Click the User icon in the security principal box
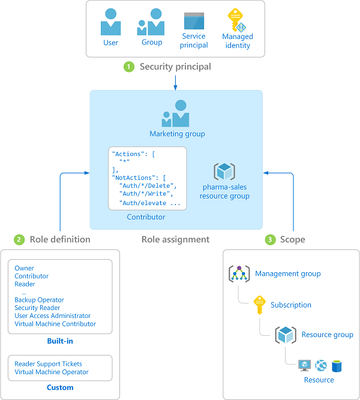[x=111, y=23]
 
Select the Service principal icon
[x=194, y=21]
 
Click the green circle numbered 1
[x=128, y=67]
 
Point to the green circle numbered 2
[x=19, y=240]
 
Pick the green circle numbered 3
[x=270, y=240]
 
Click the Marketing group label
[x=177, y=134]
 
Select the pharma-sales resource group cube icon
[x=225, y=172]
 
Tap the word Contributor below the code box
[x=146, y=217]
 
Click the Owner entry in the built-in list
[x=25, y=269]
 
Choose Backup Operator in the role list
[x=40, y=300]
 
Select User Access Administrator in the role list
[x=53, y=315]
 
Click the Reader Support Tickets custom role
[x=49, y=364]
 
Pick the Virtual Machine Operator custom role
[x=52, y=372]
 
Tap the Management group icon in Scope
[x=239, y=274]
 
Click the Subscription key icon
[x=260, y=305]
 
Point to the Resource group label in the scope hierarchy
[x=327, y=335]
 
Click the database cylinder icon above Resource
[x=337, y=365]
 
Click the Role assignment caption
[x=175, y=239]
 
